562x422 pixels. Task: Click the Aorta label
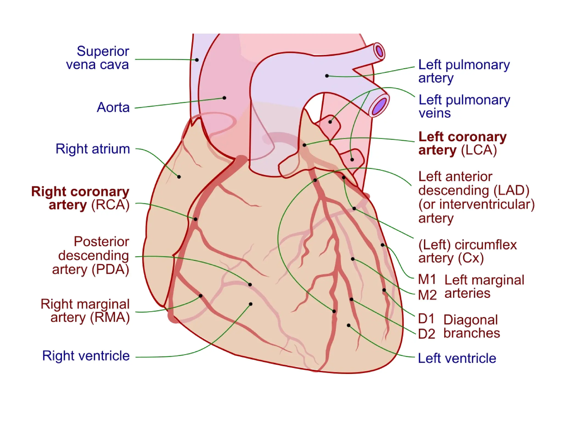coord(113,107)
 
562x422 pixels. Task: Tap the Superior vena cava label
coord(98,58)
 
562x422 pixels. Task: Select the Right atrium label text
coord(93,149)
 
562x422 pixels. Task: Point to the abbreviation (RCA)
coord(110,205)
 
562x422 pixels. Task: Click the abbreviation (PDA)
coord(110,270)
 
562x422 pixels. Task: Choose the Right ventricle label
coord(86,356)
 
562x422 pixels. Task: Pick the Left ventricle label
coord(457,359)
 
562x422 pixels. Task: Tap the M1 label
coord(427,280)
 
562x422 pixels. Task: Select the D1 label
coord(426,319)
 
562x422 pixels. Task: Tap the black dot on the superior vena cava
coord(197,60)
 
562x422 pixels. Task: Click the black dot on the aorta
coord(224,98)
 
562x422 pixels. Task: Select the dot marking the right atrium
coord(179,177)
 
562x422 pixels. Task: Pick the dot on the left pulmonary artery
coord(327,76)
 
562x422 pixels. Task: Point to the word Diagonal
coord(471,320)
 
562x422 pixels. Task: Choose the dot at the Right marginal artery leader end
coord(201,296)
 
